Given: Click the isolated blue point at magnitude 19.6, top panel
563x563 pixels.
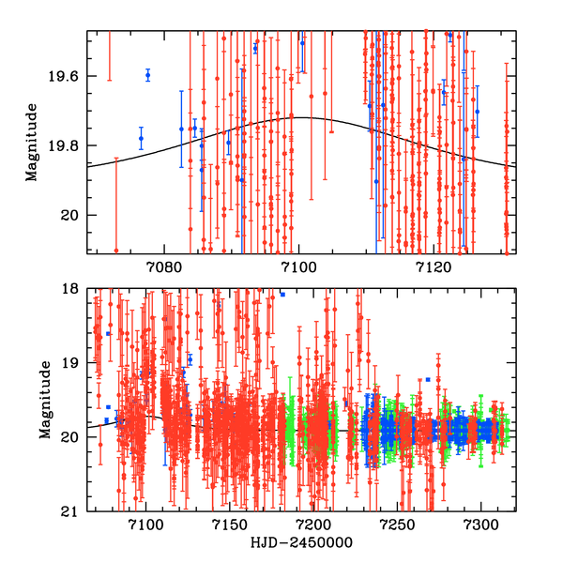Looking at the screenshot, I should click(x=147, y=75).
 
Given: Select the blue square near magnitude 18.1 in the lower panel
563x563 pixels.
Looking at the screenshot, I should click(x=282, y=294).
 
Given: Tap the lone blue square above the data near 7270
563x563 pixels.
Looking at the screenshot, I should click(x=428, y=379).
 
